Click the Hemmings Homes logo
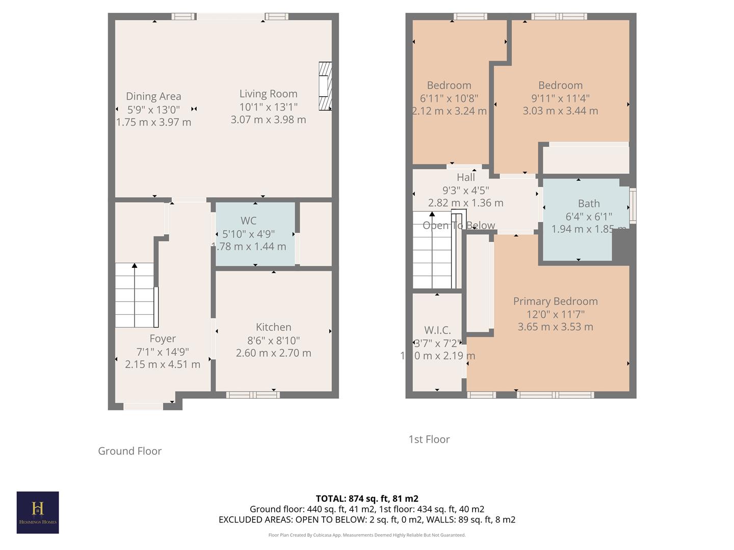click(x=38, y=512)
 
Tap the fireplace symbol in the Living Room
click(x=325, y=86)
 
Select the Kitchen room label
click(x=274, y=327)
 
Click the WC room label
click(x=249, y=221)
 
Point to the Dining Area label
click(x=153, y=96)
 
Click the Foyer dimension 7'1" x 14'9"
click(x=163, y=351)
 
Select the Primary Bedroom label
click(x=555, y=301)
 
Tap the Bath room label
click(x=589, y=204)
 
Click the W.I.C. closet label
click(x=437, y=330)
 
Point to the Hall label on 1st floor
click(x=466, y=177)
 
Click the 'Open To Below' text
click(x=459, y=226)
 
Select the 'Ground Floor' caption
click(x=129, y=451)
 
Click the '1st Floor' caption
click(x=429, y=439)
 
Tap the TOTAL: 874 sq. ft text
click(x=367, y=499)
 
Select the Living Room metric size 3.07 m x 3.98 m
click(x=269, y=120)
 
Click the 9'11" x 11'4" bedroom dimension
click(x=560, y=98)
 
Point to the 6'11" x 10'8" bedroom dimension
click(x=449, y=98)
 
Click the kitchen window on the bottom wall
click(x=253, y=395)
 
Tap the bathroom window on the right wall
click(x=633, y=206)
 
